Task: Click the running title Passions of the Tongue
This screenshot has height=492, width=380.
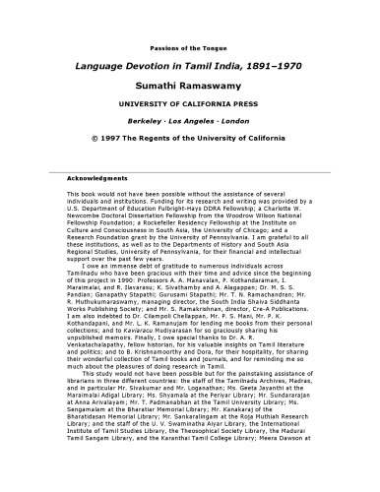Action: (189, 46)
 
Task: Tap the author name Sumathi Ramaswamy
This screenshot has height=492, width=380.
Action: (190, 89)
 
